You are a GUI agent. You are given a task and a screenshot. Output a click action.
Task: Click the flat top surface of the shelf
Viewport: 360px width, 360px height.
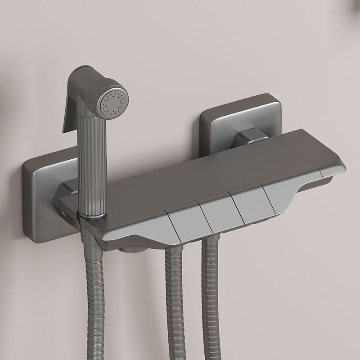[x=202, y=171]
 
